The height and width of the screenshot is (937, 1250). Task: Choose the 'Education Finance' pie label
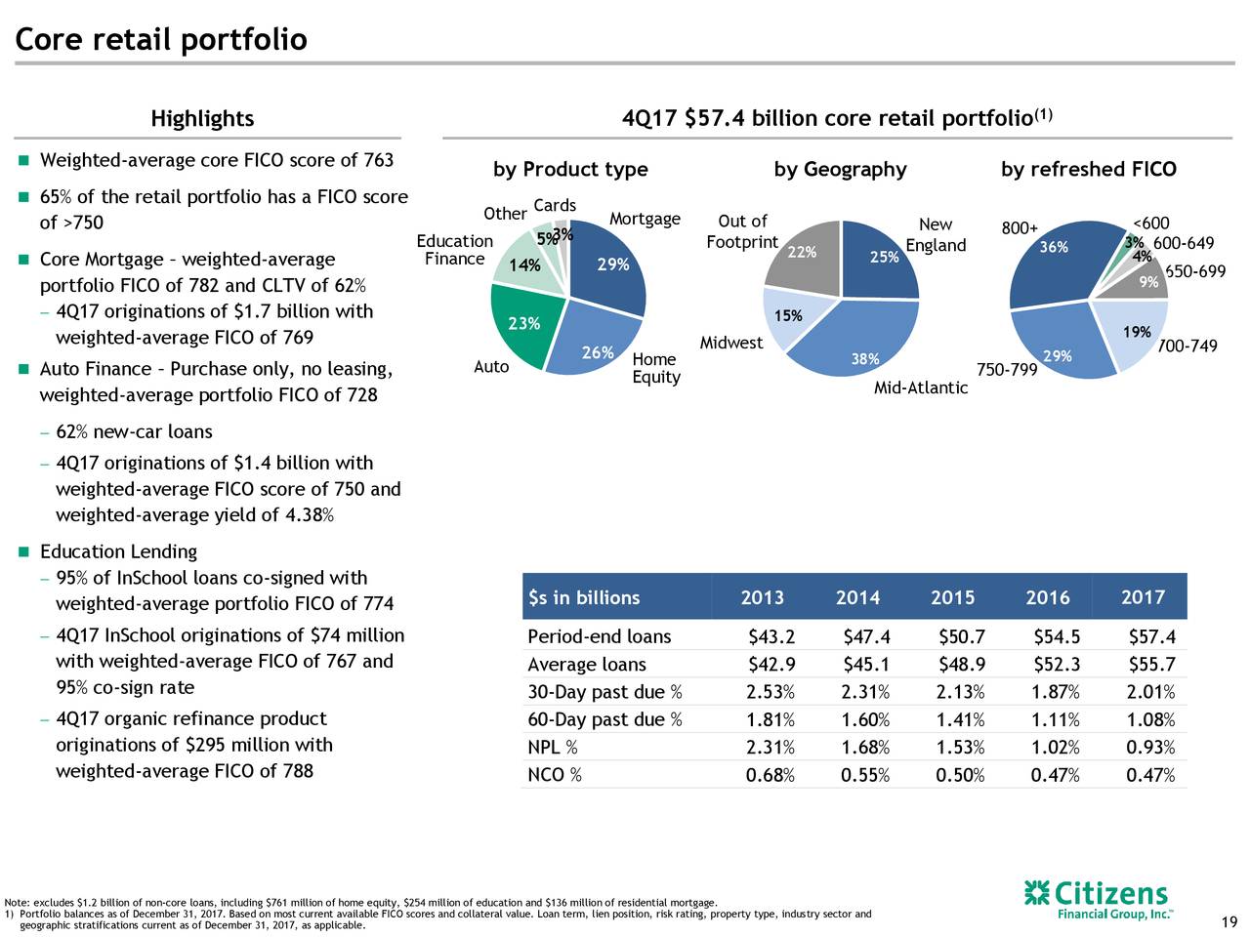click(454, 250)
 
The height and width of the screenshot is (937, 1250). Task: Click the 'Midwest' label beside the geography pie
click(730, 343)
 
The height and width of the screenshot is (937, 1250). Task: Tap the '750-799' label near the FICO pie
click(1006, 370)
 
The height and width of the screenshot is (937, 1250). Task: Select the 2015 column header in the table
click(952, 597)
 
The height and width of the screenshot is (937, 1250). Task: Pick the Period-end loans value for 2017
click(1151, 637)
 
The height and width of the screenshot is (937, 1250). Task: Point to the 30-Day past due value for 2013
click(770, 693)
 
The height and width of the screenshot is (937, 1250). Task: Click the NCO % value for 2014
click(864, 776)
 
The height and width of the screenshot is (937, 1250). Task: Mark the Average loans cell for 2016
click(1057, 666)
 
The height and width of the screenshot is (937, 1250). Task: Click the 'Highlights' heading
click(202, 119)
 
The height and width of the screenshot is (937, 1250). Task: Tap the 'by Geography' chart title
click(840, 170)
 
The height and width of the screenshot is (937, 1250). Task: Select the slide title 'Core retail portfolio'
click(161, 40)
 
